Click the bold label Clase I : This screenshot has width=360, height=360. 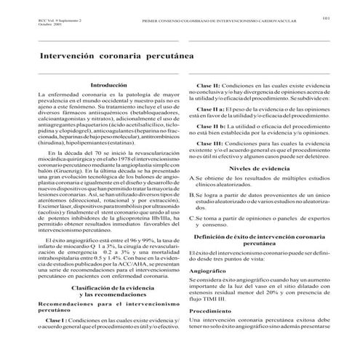pyautogui.click(x=61, y=339)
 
